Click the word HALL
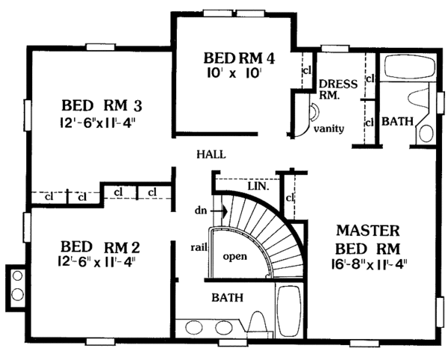pyautogui.click(x=211, y=155)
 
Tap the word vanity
pyautogui.click(x=329, y=128)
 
